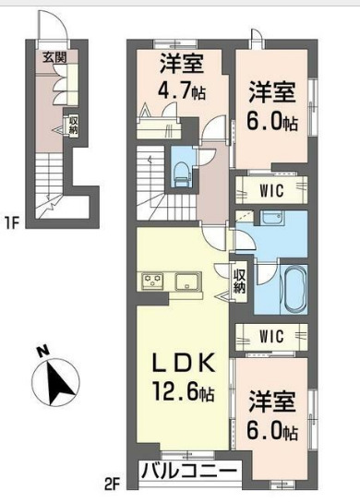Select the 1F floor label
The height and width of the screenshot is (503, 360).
[x=12, y=222]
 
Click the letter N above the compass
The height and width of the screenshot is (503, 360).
[x=41, y=351]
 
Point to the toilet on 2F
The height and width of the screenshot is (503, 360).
[x=182, y=167]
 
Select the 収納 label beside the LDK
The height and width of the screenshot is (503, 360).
[x=238, y=280]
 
